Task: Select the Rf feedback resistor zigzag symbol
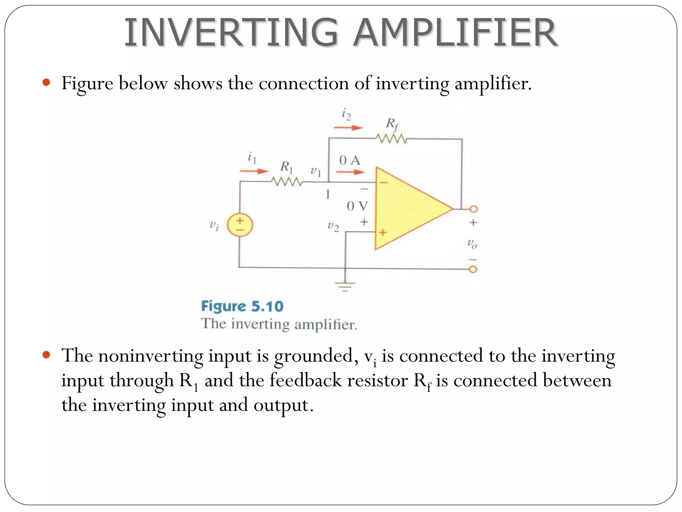tap(391, 138)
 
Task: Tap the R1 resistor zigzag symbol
tap(287, 182)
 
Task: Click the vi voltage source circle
tap(240, 225)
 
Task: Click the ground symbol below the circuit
tap(345, 286)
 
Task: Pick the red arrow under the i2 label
tap(348, 127)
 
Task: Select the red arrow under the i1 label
tap(254, 171)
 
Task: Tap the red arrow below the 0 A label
tap(350, 172)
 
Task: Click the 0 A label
tap(350, 160)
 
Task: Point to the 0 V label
tap(357, 206)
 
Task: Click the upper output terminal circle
tap(474, 209)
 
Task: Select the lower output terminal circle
tap(473, 269)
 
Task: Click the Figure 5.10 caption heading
tap(242, 306)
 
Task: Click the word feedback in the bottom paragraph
tap(305, 380)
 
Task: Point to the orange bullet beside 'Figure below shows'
tap(46, 82)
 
